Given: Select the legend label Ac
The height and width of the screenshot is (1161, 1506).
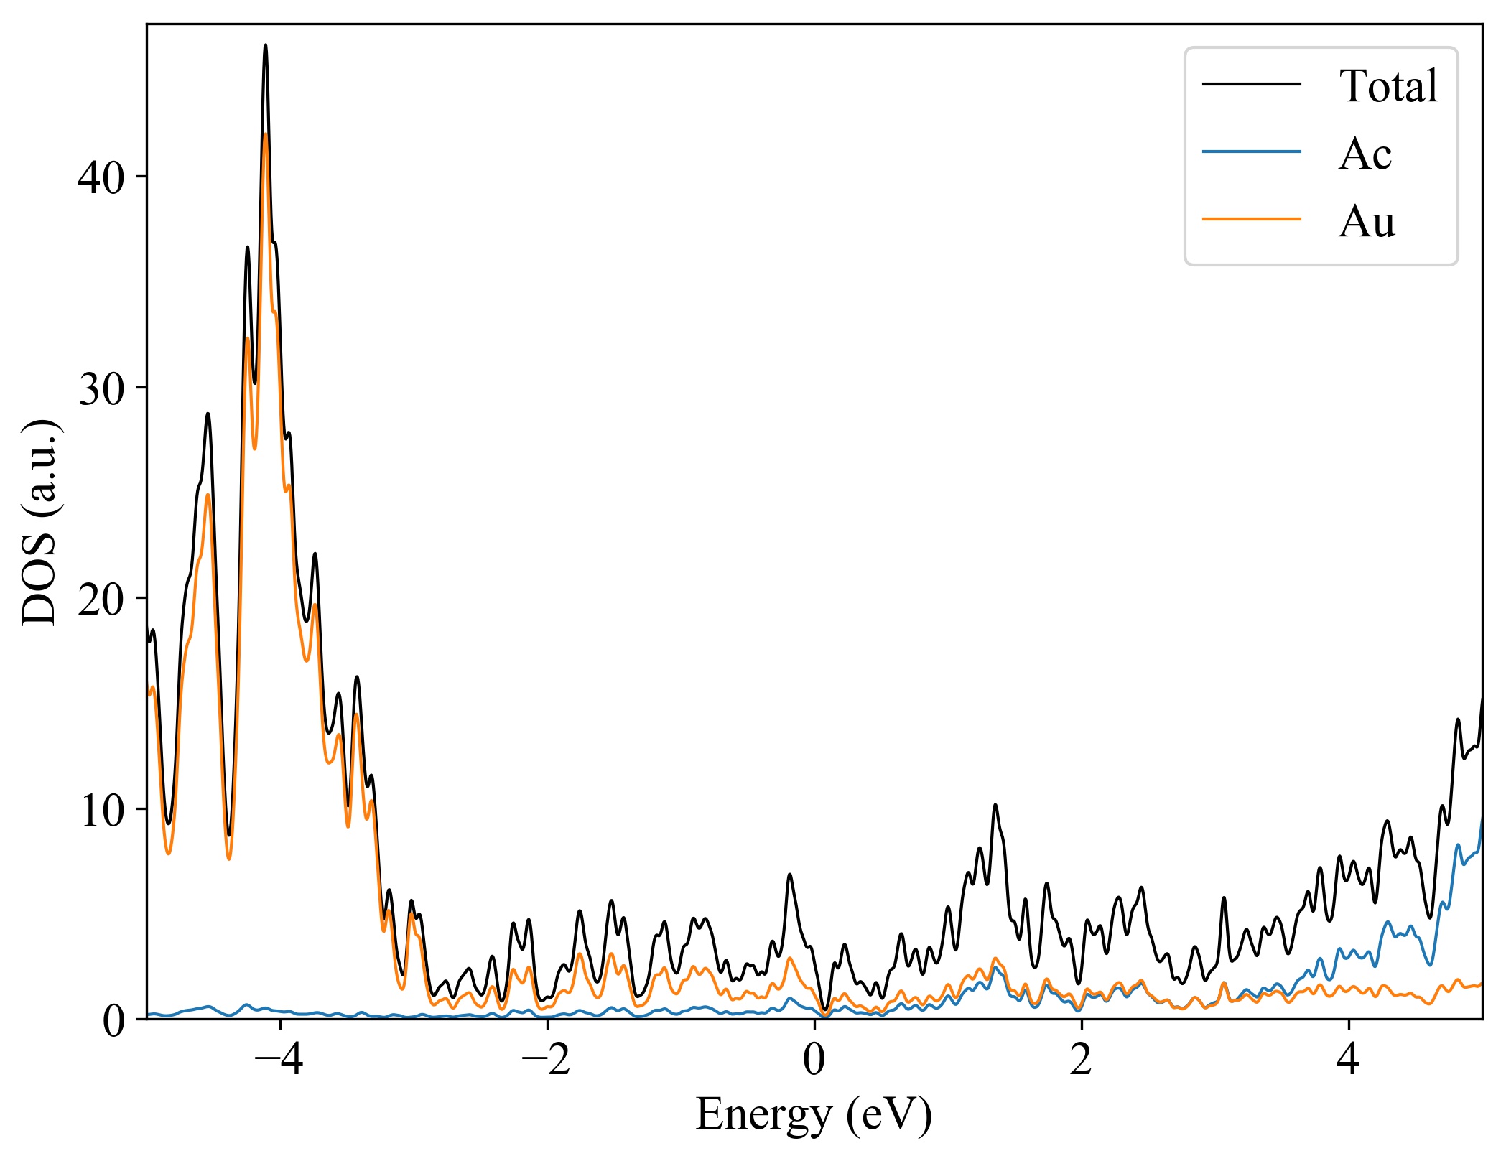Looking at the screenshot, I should pos(1365,154).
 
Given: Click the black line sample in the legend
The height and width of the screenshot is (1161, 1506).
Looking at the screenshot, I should pos(1251,85).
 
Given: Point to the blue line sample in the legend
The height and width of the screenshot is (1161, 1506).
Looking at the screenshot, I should pos(1251,151).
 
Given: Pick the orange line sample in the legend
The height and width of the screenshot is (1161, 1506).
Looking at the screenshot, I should pos(1251,219).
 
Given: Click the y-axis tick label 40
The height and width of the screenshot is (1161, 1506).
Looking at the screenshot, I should pos(101,177).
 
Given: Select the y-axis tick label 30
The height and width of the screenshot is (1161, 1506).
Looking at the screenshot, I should pos(101,388).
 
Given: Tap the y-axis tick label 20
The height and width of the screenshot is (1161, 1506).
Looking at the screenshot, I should pos(101,599).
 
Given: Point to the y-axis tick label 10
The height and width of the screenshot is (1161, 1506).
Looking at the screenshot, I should pos(101,810).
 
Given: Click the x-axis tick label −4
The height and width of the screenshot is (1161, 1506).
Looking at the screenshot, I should pos(279,1060).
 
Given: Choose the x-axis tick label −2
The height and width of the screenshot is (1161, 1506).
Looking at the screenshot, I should pos(547,1060).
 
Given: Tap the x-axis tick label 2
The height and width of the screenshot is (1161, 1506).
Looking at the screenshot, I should pos(1081,1060).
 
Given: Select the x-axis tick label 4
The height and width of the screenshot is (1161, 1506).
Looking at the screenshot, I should pos(1348,1060).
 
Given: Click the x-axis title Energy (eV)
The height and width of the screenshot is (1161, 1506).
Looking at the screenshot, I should pos(814,1115).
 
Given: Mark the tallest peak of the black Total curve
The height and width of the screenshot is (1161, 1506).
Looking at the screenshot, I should pos(265,45).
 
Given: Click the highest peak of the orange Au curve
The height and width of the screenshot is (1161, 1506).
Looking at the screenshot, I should pos(266,134).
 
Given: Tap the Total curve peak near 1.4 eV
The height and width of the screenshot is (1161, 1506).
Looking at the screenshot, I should pos(995,805).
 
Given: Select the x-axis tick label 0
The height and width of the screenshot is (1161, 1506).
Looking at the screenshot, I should pos(814,1060).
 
